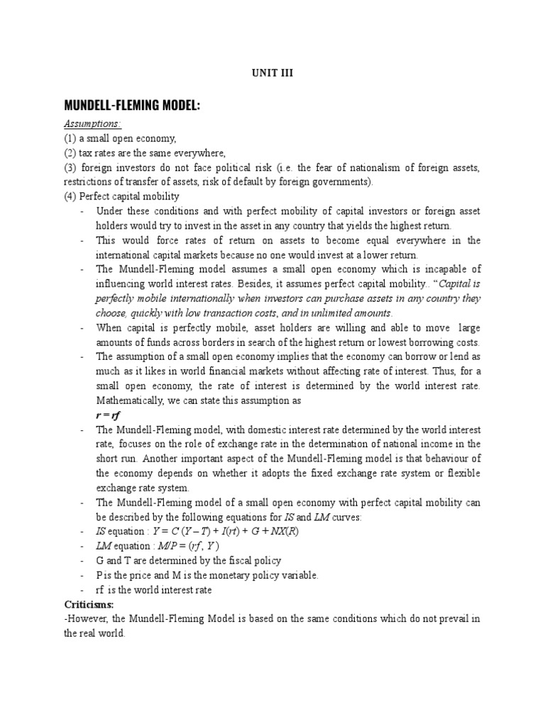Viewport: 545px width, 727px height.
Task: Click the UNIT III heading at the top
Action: point(272,73)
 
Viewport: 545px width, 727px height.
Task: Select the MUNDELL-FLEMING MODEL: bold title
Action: point(132,106)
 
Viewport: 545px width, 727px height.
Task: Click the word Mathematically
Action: point(132,400)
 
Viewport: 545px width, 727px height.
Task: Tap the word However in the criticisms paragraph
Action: point(89,619)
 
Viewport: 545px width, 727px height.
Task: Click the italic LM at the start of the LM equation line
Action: point(103,546)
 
